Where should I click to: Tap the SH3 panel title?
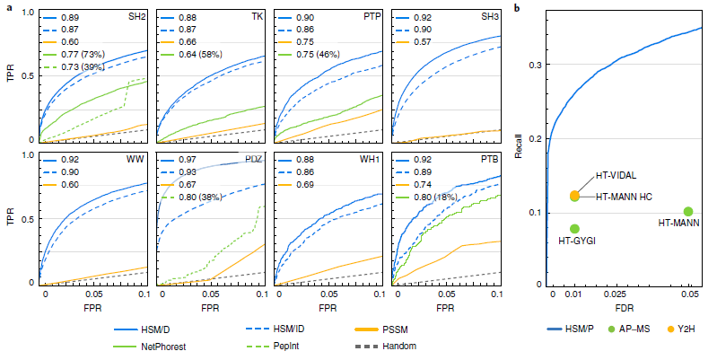(x=487, y=17)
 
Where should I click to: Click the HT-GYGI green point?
(x=574, y=229)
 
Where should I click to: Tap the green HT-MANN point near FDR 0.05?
(x=688, y=212)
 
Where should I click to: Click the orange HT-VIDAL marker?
(x=574, y=195)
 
